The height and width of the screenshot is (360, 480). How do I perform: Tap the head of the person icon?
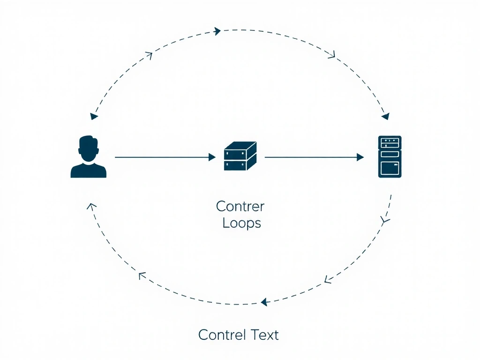pyautogui.click(x=88, y=148)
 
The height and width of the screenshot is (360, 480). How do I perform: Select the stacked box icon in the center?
pyautogui.click(x=240, y=156)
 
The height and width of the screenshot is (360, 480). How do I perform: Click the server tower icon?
pyautogui.click(x=390, y=157)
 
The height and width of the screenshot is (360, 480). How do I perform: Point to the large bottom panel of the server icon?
pyautogui.click(x=390, y=167)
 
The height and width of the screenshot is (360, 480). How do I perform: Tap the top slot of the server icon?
pyautogui.click(x=390, y=141)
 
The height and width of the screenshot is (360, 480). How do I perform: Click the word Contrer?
pyautogui.click(x=240, y=206)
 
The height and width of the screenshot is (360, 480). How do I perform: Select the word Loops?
pyautogui.click(x=241, y=223)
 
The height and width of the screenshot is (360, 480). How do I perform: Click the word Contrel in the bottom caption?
pyautogui.click(x=222, y=335)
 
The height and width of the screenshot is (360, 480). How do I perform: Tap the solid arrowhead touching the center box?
pyautogui.click(x=212, y=157)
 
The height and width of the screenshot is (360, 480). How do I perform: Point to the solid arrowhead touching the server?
pyautogui.click(x=360, y=157)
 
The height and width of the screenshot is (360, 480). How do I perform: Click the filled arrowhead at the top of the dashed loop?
pyautogui.click(x=217, y=31)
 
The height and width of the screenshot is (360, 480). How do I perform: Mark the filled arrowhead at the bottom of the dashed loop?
pyautogui.click(x=264, y=302)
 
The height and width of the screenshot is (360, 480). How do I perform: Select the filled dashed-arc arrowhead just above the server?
pyautogui.click(x=385, y=115)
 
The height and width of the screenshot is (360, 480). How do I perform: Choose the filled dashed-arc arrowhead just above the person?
pyautogui.click(x=94, y=116)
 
